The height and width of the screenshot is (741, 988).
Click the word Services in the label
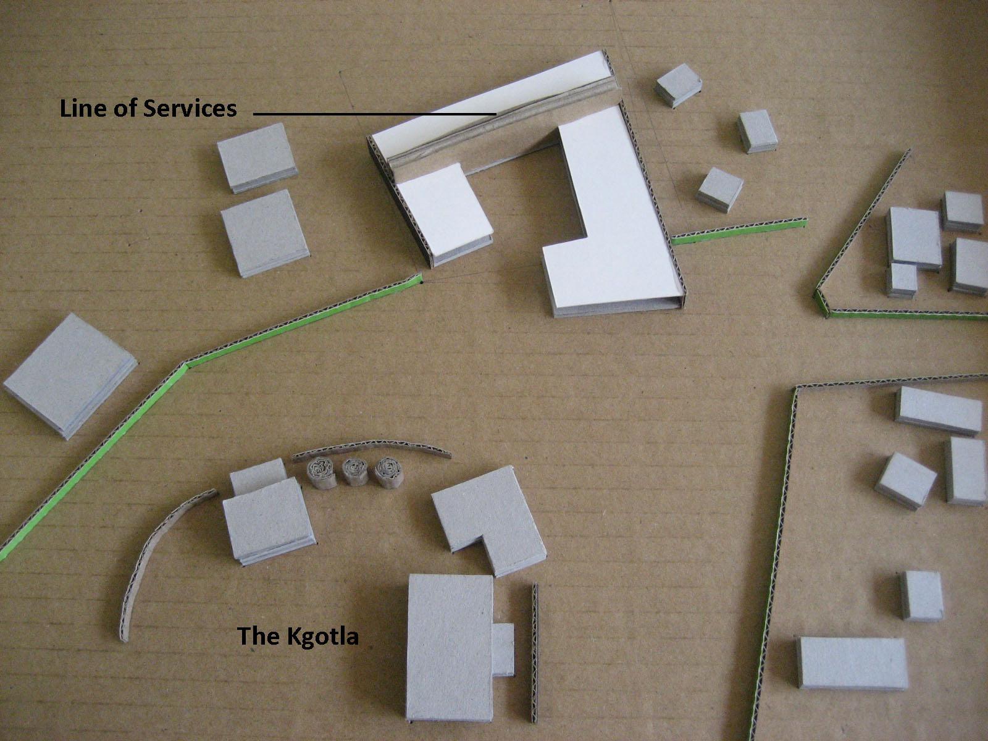[x=190, y=109]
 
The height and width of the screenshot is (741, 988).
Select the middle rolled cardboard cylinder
[x=354, y=474]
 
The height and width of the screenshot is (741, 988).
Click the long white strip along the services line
[x=482, y=99]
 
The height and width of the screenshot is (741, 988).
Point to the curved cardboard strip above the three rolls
[x=371, y=446]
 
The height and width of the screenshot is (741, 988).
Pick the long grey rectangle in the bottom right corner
[x=852, y=662]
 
